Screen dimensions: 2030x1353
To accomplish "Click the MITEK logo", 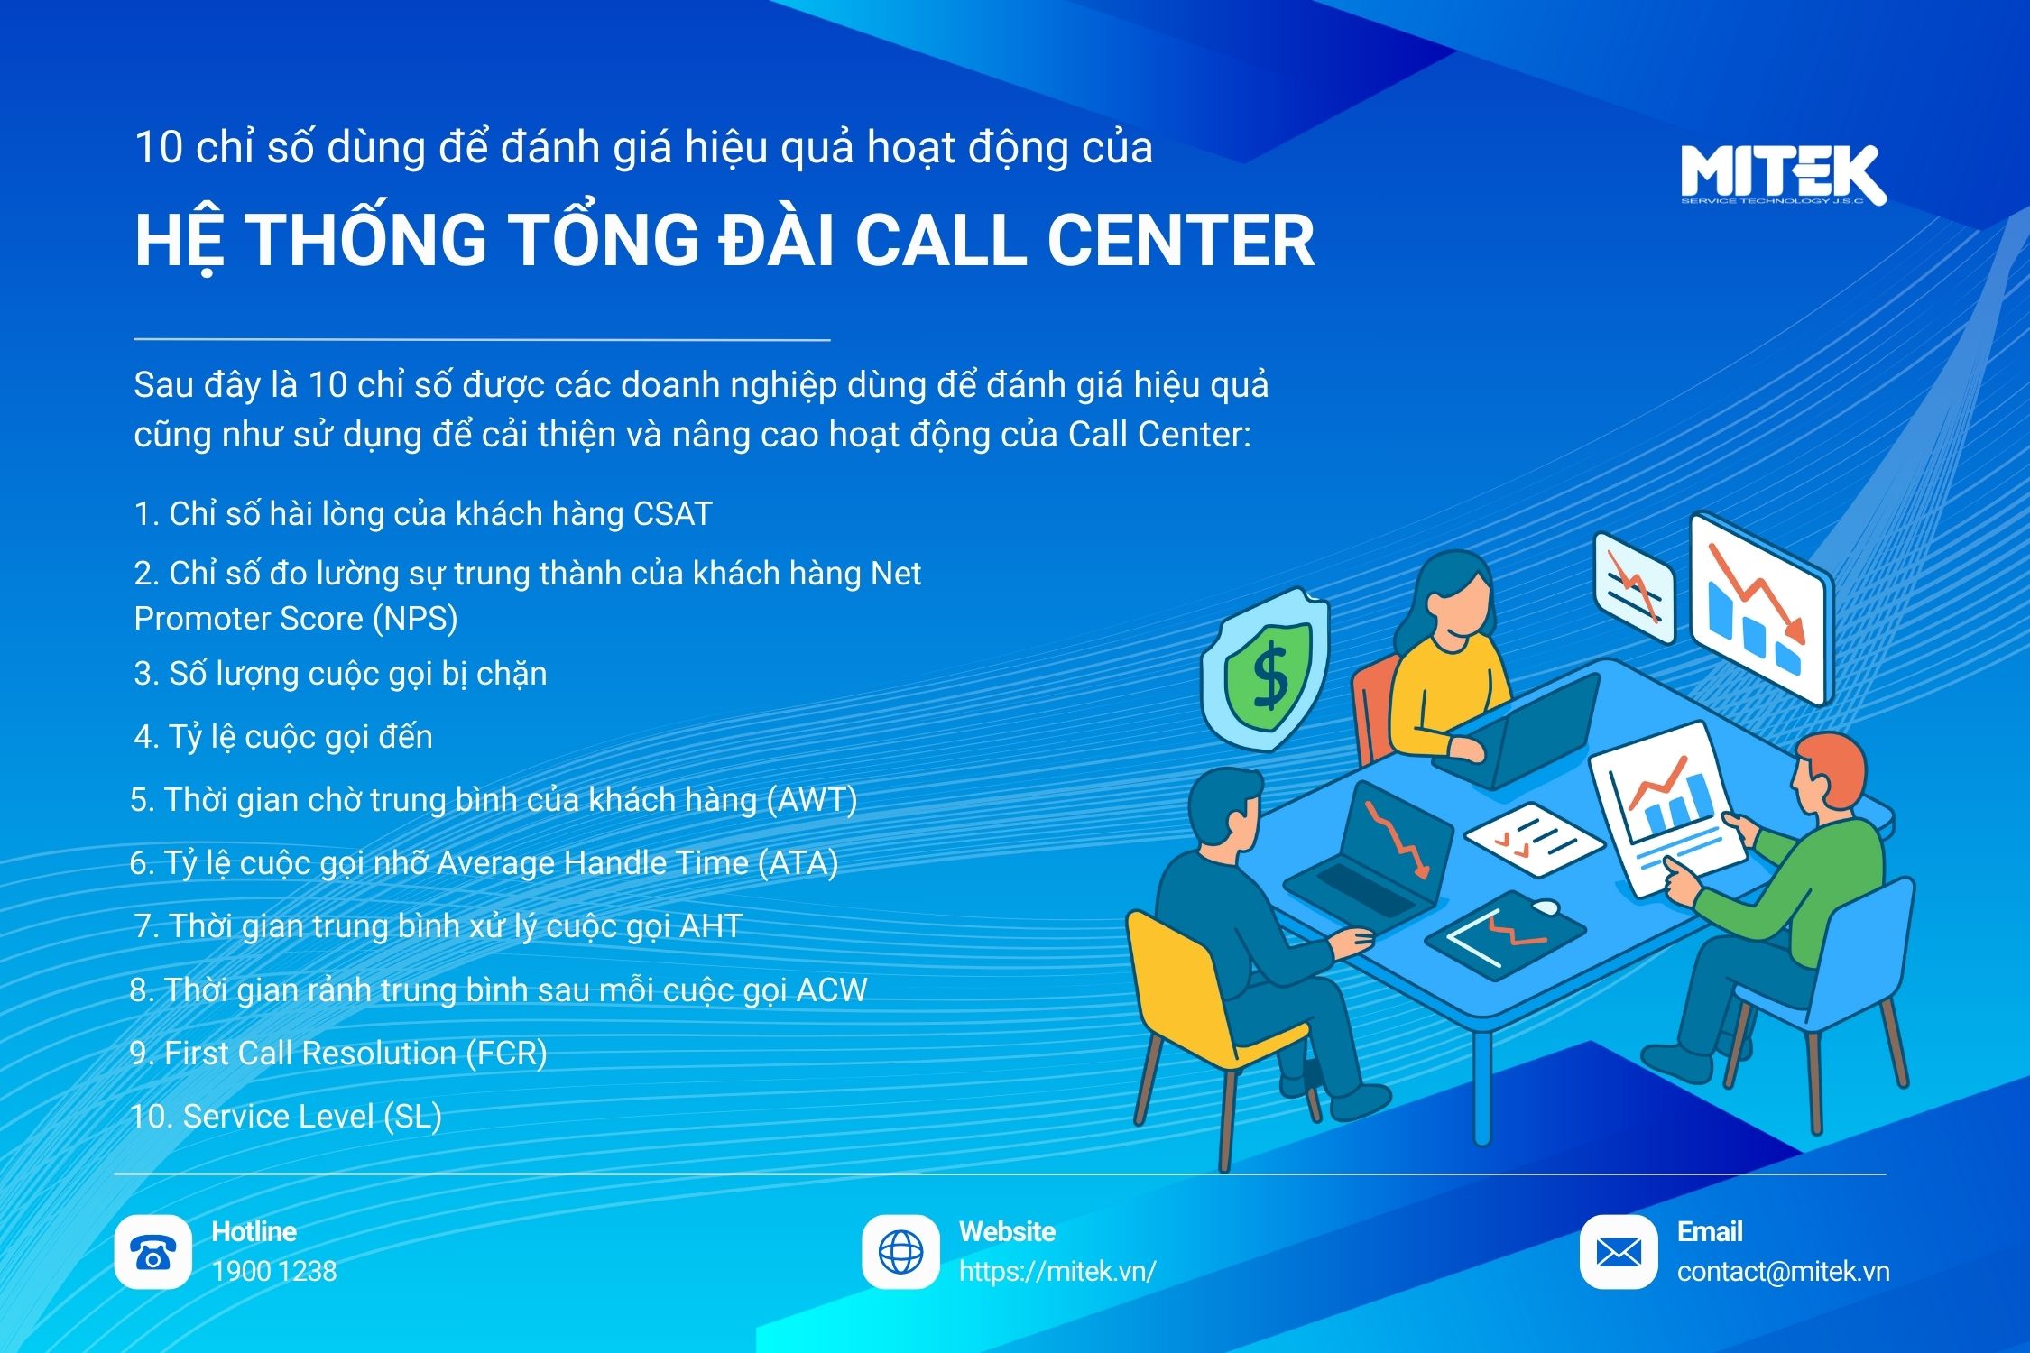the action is [x=1783, y=175].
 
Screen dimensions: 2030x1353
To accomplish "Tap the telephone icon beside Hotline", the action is [x=152, y=1252].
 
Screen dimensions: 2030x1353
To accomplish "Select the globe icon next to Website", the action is [x=900, y=1252].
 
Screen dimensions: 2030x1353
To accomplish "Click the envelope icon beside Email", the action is [x=1619, y=1252].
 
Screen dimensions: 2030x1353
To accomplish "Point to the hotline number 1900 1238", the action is [x=274, y=1272].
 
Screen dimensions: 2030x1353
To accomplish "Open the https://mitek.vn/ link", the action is [x=1057, y=1272].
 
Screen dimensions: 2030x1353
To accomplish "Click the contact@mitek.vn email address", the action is [x=1783, y=1272].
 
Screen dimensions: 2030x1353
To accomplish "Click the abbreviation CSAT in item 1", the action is [x=672, y=514].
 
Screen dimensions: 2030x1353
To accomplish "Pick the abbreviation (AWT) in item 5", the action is [x=811, y=800].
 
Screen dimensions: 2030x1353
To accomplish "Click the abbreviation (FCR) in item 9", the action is [x=505, y=1054].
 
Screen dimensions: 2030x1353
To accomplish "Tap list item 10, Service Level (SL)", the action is [x=286, y=1117].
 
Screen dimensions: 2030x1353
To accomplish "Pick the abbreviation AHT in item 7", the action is [x=711, y=926].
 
